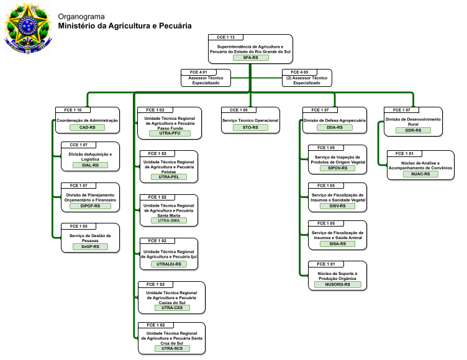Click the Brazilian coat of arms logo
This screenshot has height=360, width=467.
pos(28,29)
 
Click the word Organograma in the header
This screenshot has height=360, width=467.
pos(81,17)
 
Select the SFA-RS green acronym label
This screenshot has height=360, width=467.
pos(250,58)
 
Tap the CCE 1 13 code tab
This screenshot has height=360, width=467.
pos(225,37)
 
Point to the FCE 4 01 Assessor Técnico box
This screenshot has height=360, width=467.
pos(206,78)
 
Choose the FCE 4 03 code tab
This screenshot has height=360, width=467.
pos(299,72)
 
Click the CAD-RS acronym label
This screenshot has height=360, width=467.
pos(88,127)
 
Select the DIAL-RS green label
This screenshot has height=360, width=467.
pos(90,165)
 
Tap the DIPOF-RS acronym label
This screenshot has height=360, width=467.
pos(90,205)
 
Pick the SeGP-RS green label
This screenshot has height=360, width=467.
pos(90,246)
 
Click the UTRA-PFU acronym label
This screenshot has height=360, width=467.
pos(170,133)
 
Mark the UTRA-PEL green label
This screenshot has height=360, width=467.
pos(169,177)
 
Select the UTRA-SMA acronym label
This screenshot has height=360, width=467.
pos(169,220)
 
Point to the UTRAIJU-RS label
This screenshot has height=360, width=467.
pos(169,264)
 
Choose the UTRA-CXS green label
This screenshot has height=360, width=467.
pos(172,308)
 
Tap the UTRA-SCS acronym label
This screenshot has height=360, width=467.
pos(172,348)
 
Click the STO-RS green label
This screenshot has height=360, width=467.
pos(250,127)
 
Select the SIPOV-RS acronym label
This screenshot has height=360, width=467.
pos(337,168)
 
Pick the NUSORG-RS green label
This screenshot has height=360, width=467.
pos(337,284)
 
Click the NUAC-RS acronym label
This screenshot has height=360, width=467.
pos(420,174)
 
